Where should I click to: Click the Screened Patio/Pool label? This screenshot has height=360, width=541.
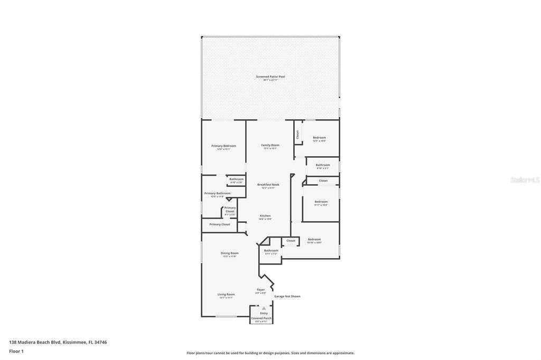click(x=270, y=77)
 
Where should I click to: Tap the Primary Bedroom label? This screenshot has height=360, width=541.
click(x=223, y=146)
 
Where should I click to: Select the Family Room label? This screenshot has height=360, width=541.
click(x=270, y=145)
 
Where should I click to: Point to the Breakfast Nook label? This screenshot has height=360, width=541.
click(x=268, y=185)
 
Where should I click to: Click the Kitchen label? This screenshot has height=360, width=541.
click(x=265, y=216)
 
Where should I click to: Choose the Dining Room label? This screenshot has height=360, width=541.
click(x=229, y=253)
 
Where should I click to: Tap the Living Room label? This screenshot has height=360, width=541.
click(x=226, y=295)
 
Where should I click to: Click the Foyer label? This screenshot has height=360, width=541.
click(x=260, y=290)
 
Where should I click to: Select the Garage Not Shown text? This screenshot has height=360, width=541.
click(x=287, y=296)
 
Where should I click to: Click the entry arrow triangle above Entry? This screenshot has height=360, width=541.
click(x=264, y=308)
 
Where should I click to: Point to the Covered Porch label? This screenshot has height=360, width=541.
click(x=261, y=318)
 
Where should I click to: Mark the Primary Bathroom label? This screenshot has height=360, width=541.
click(x=217, y=193)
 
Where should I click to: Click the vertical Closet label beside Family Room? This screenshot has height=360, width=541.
click(x=297, y=135)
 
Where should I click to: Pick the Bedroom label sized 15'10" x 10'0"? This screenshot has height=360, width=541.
click(x=314, y=240)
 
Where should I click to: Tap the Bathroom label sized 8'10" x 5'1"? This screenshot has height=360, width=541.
click(x=323, y=165)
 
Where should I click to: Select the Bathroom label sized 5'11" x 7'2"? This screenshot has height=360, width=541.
click(x=271, y=251)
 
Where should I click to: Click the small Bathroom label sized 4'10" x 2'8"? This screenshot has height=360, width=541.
click(x=236, y=179)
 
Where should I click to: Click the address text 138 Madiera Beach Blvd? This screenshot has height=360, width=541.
click(x=58, y=342)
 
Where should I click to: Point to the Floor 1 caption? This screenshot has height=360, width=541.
click(x=16, y=351)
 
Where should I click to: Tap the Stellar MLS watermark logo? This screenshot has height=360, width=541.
click(x=525, y=180)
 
